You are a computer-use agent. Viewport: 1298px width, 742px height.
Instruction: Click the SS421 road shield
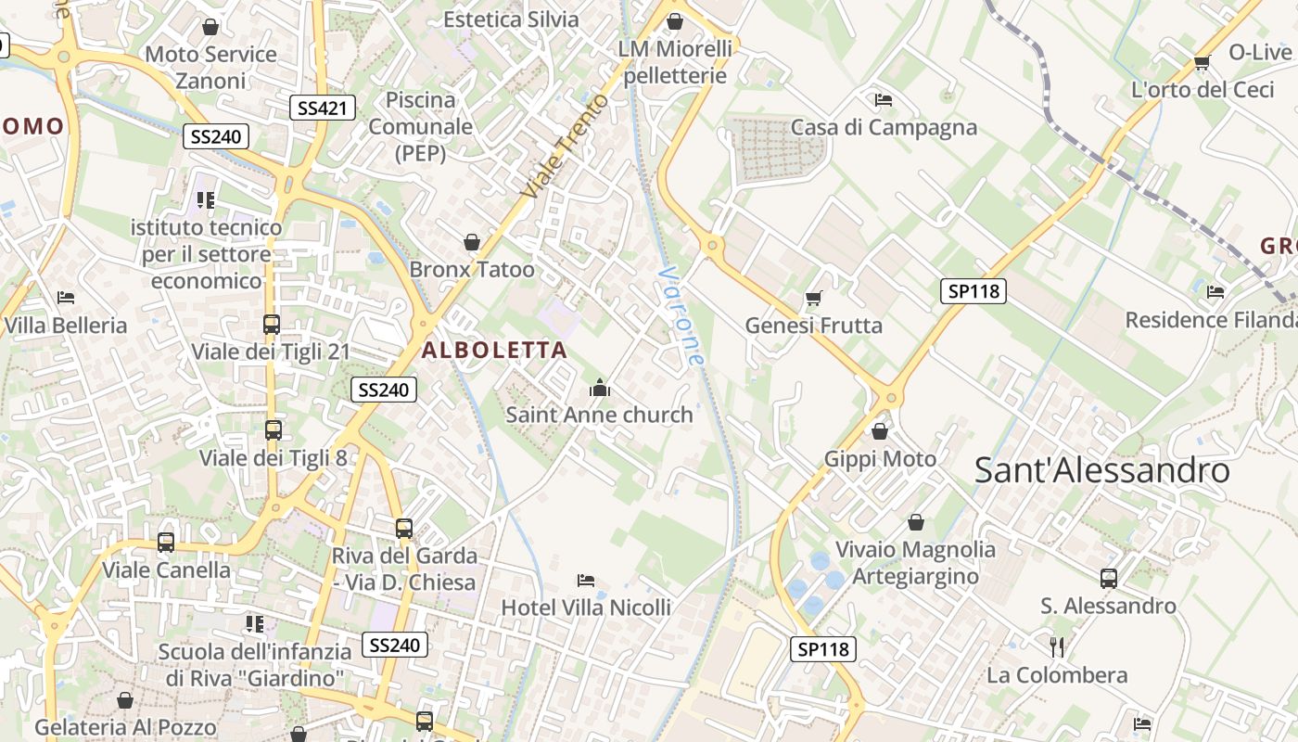coord(322,108)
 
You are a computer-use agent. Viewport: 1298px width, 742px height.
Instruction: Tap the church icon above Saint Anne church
coord(600,388)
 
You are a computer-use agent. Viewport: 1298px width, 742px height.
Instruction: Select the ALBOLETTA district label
coord(494,350)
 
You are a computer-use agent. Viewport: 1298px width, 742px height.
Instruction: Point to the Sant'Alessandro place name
coord(1101,470)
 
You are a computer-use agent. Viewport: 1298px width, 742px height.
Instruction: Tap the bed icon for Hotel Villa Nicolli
coord(586,581)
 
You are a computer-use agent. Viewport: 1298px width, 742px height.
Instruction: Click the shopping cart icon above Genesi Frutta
coord(814,298)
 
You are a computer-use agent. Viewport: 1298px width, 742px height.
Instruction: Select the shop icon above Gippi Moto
coord(880,431)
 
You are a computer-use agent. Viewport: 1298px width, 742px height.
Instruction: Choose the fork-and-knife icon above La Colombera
coord(1057,646)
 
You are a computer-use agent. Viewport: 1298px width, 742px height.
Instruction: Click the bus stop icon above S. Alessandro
coord(1108,579)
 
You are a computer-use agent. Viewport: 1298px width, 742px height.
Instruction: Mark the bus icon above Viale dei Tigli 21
coord(272,325)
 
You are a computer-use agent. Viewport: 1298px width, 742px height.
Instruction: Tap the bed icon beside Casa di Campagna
coord(884,99)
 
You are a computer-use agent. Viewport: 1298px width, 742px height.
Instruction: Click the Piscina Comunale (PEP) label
coord(421,126)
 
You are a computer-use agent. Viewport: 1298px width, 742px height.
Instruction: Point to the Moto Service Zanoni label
coord(210,67)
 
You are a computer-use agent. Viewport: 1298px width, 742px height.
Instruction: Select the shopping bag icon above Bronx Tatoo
coord(472,242)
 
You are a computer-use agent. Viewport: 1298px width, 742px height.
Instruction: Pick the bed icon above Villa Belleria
coord(66,298)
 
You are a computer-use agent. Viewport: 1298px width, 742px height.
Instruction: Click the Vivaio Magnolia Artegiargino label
coord(915,562)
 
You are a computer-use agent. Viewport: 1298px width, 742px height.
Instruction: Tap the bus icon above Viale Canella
coord(166,543)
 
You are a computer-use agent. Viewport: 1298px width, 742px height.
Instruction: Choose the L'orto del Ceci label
coord(1203,89)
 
